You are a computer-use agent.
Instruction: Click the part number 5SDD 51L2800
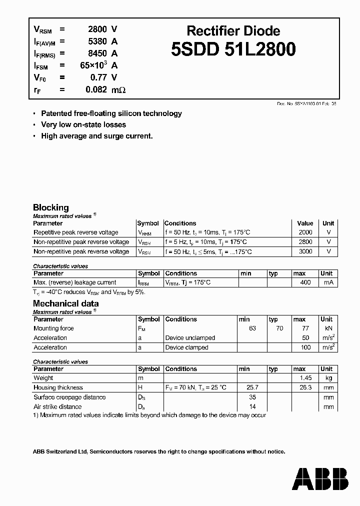tap(233, 49)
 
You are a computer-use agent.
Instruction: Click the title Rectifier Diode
tap(233, 31)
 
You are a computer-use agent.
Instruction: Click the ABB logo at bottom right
tap(320, 478)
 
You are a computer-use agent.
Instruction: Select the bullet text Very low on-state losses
tap(83, 124)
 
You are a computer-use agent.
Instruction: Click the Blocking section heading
tap(50, 207)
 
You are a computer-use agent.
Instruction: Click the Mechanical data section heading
tap(65, 303)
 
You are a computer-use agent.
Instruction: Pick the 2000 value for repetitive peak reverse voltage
tap(305, 232)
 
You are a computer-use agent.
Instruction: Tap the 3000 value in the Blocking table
tap(305, 251)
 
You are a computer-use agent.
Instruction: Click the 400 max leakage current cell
tap(305, 282)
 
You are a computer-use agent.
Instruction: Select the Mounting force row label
tap(53, 328)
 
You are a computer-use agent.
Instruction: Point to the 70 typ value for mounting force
tap(279, 328)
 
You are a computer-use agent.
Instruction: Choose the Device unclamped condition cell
tap(190, 338)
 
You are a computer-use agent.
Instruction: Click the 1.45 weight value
tap(305, 378)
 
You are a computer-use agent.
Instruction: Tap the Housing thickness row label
tap(58, 387)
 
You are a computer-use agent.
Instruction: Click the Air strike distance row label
tap(57, 406)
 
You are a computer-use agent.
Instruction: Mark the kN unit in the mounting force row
tap(328, 328)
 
